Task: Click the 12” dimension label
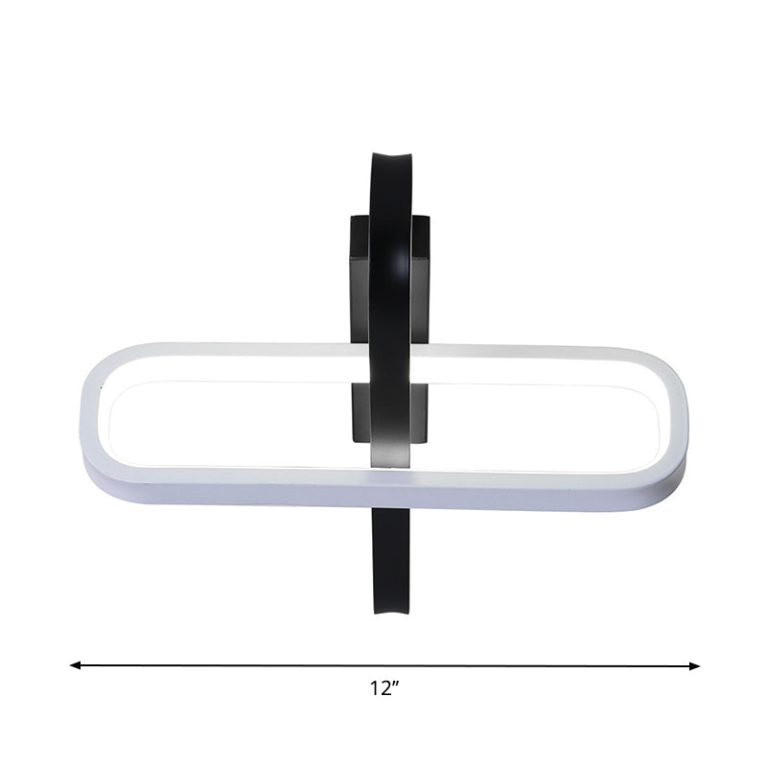[384, 687]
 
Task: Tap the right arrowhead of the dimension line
[695, 665]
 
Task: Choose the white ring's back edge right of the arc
[537, 351]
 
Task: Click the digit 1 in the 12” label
[374, 687]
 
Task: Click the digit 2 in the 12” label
[385, 687]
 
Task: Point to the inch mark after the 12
[396, 683]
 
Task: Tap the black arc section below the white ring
[391, 556]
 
